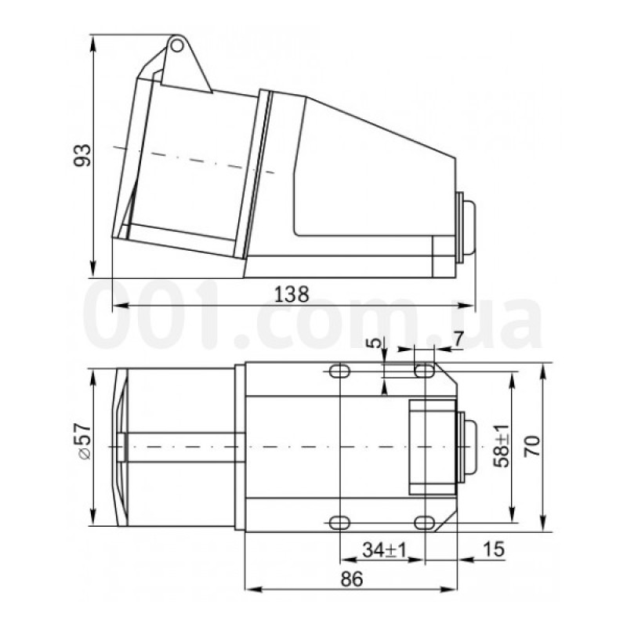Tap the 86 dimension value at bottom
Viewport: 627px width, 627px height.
click(352, 579)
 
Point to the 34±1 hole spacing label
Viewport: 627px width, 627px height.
click(382, 551)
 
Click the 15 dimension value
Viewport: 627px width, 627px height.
click(494, 549)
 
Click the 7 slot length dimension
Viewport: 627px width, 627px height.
click(458, 341)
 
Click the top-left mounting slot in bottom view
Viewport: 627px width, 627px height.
click(339, 371)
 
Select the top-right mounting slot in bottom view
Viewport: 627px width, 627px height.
click(424, 371)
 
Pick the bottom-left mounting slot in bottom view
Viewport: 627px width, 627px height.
click(339, 522)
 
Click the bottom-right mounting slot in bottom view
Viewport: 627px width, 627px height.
click(424, 522)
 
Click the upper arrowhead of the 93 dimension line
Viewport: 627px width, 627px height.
click(94, 39)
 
